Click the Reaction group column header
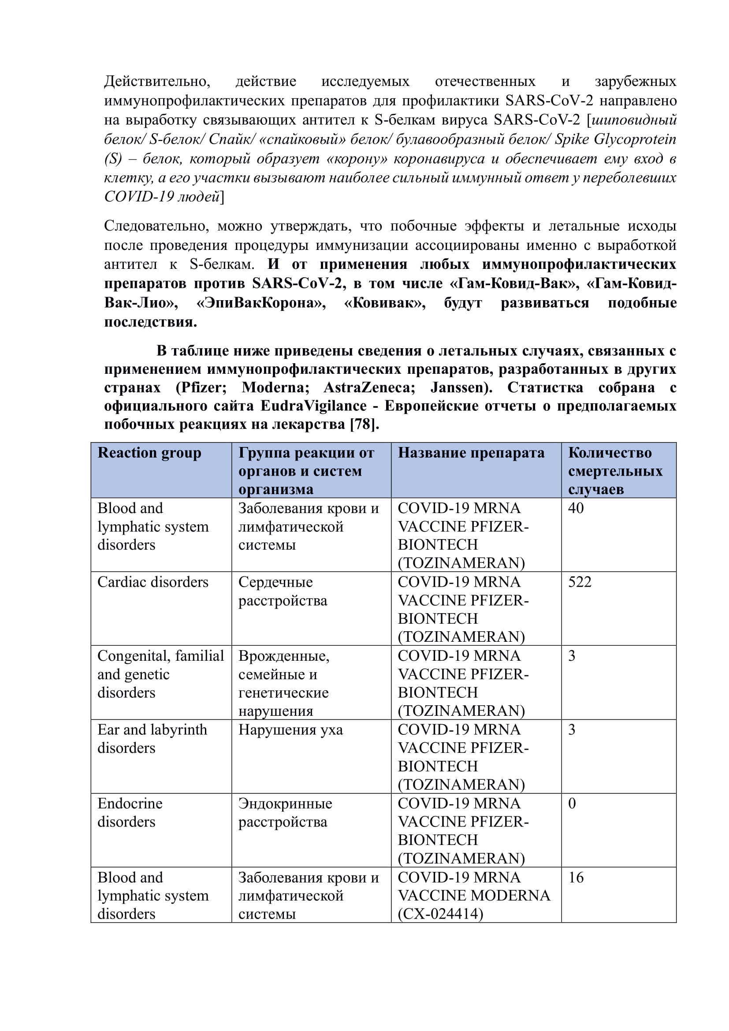pyautogui.click(x=149, y=453)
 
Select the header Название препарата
pyautogui.click(x=471, y=453)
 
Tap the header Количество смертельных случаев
pyautogui.click(x=615, y=471)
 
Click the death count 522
pyautogui.click(x=580, y=582)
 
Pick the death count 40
pyautogui.click(x=576, y=508)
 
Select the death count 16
pyautogui.click(x=576, y=878)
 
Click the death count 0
pyautogui.click(x=572, y=804)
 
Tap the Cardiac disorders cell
pyautogui.click(x=152, y=582)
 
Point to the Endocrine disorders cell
pyautogui.click(x=130, y=812)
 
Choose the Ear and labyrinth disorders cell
pyautogui.click(x=152, y=739)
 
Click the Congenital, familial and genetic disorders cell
pyautogui.click(x=160, y=674)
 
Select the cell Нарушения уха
pyautogui.click(x=290, y=730)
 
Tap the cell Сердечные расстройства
pyautogui.click(x=283, y=591)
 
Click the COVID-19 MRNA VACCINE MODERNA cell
pyautogui.click(x=473, y=895)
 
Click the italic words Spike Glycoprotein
pyautogui.click(x=615, y=140)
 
